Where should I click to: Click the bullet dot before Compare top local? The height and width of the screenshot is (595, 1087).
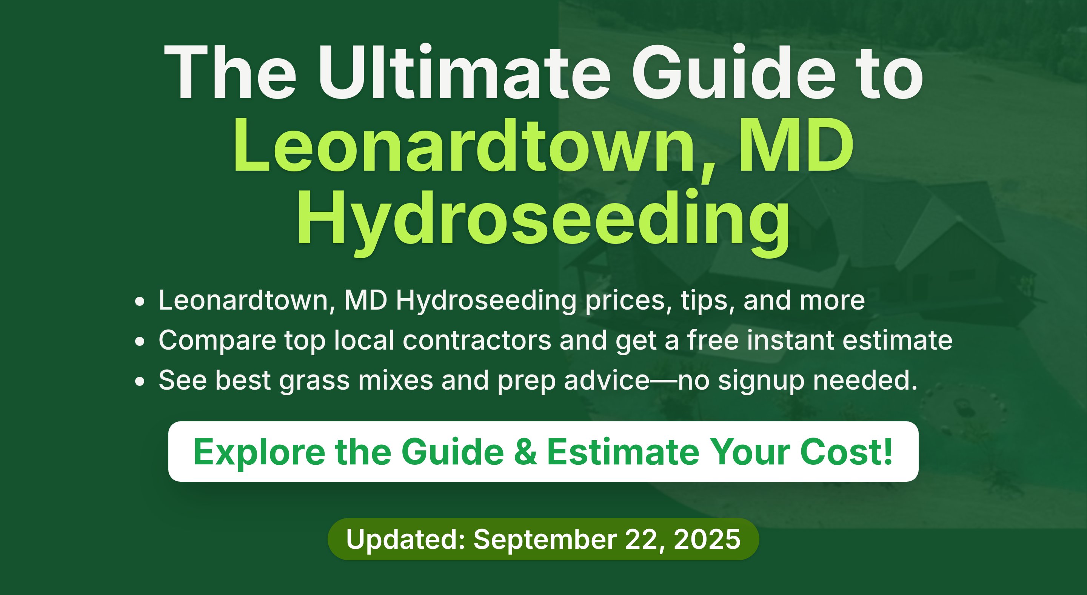click(x=140, y=341)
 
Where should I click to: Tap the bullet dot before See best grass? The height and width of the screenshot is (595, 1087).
click(x=140, y=381)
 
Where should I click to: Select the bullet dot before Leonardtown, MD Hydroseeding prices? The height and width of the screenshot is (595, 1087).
click(x=140, y=302)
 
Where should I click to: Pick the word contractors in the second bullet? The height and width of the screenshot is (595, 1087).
click(x=477, y=340)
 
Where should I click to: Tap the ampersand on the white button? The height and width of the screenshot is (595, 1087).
click(x=526, y=452)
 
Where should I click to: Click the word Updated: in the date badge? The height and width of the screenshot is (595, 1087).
click(x=405, y=539)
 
